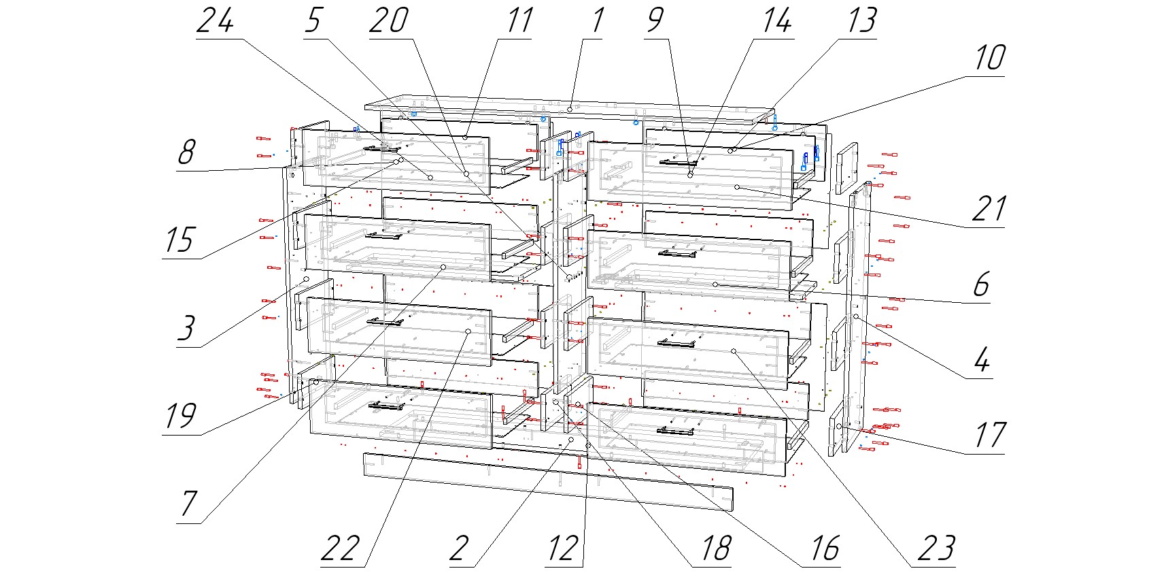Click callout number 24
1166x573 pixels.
215,20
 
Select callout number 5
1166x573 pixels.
313,20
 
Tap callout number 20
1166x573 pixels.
389,20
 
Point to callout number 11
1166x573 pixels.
519,20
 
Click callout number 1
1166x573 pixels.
597,20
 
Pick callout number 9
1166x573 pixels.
655,20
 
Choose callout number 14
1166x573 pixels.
776,20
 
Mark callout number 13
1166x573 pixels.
861,20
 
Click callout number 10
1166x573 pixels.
989,58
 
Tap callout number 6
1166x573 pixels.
980,284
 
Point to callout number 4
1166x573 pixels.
981,360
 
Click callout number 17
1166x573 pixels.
989,436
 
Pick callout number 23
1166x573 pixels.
936,549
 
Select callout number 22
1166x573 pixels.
340,549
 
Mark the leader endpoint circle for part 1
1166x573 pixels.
570,110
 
